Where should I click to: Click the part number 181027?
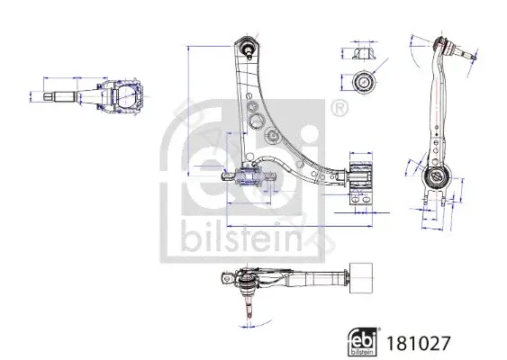tap(418, 343)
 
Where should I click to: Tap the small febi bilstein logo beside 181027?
tap(363, 342)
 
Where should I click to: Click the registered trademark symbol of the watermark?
tap(340, 108)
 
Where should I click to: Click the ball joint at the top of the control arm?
tap(248, 47)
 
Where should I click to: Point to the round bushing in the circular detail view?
tap(364, 81)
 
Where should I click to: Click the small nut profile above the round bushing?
tap(363, 53)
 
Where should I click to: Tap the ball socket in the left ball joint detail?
tap(127, 96)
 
